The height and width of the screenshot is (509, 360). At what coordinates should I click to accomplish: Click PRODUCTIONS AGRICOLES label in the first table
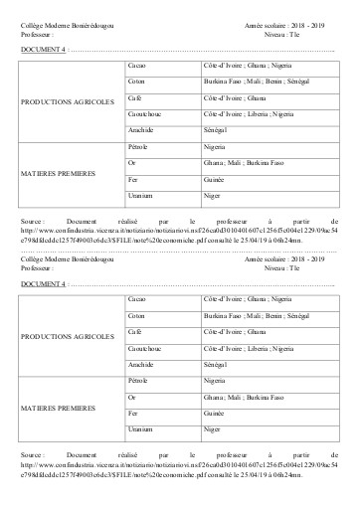(x=68, y=100)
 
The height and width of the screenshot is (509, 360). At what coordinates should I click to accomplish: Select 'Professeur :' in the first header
(x=41, y=31)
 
